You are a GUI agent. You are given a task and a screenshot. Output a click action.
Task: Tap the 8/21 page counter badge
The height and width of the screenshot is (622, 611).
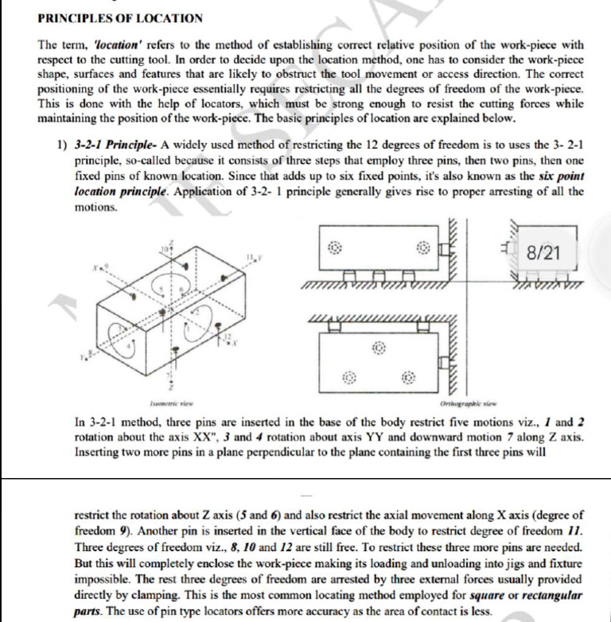pos(543,253)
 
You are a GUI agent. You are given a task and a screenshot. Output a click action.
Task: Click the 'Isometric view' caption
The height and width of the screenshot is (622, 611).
pos(173,403)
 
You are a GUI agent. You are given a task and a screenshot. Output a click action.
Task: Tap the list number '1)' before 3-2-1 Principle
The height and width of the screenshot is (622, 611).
pos(61,143)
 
